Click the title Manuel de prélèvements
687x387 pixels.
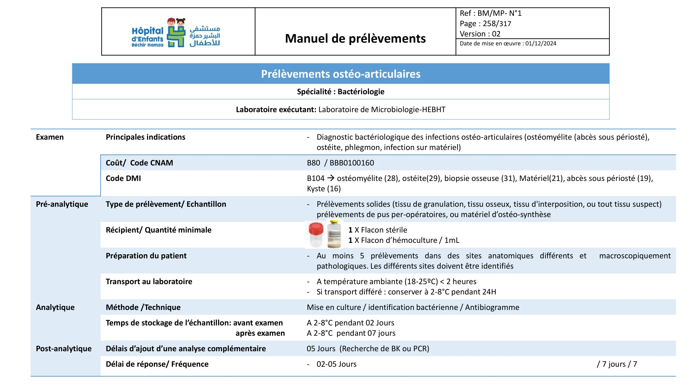[355, 39]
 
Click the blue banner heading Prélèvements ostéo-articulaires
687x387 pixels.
[340, 74]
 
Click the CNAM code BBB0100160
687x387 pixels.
[352, 163]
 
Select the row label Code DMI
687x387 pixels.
[123, 179]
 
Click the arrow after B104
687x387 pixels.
[330, 178]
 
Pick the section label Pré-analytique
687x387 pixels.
[62, 204]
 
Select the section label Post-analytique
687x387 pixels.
[64, 349]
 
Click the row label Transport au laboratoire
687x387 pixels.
[149, 282]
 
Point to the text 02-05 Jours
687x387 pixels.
[336, 364]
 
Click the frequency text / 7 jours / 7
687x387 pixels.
[617, 364]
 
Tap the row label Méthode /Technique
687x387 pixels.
[143, 308]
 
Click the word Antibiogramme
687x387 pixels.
[492, 308]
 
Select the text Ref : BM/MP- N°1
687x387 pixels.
[491, 13]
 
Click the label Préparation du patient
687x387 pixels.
[146, 256]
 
